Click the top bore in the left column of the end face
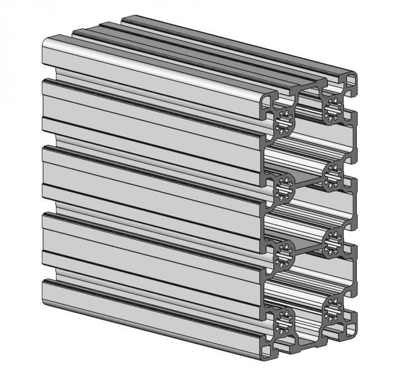pyautogui.click(x=284, y=120)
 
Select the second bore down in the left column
pyautogui.click(x=284, y=186)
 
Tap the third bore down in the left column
pyautogui.click(x=284, y=253)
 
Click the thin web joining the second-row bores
pyautogui.click(x=308, y=179)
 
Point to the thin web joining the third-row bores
pyautogui.click(x=308, y=246)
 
